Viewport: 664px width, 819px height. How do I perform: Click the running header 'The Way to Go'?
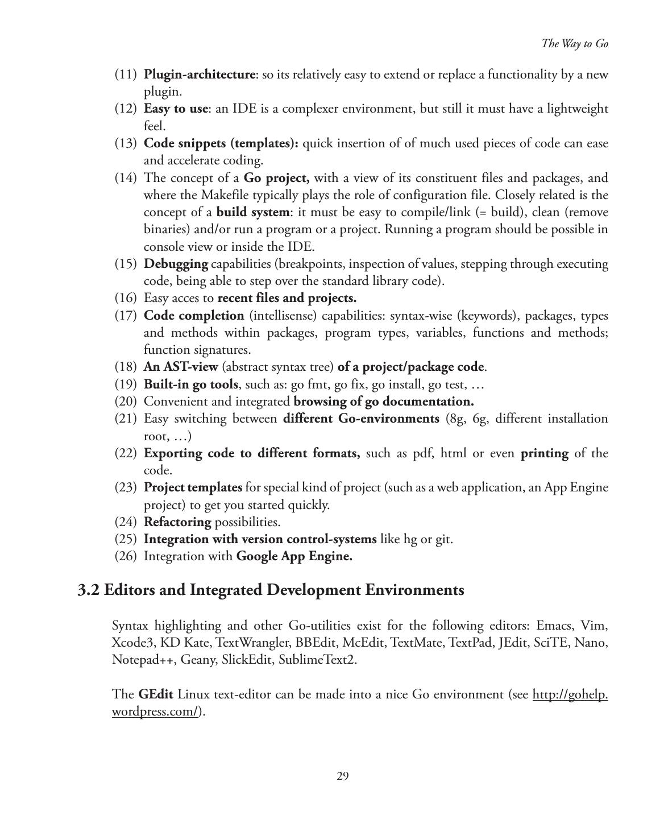574,44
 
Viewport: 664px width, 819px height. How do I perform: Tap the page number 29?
342,776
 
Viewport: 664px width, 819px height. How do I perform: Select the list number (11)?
126,75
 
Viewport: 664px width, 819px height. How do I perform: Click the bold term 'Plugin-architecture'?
199,75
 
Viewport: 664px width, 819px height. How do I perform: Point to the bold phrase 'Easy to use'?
176,109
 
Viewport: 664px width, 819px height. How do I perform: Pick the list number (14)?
126,178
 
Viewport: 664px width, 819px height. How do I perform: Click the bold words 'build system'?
253,212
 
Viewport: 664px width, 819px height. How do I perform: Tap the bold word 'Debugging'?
176,264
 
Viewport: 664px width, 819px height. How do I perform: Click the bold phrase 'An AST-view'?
181,367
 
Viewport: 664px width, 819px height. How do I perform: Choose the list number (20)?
126,402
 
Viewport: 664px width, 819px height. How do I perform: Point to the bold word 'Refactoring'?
177,522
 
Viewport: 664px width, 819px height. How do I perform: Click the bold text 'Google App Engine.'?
294,556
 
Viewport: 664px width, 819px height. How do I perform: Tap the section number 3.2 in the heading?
89,590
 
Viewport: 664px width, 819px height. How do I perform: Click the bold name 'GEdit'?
156,694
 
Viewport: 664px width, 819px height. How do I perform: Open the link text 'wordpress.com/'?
155,712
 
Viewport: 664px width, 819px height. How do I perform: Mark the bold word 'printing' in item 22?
544,453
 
